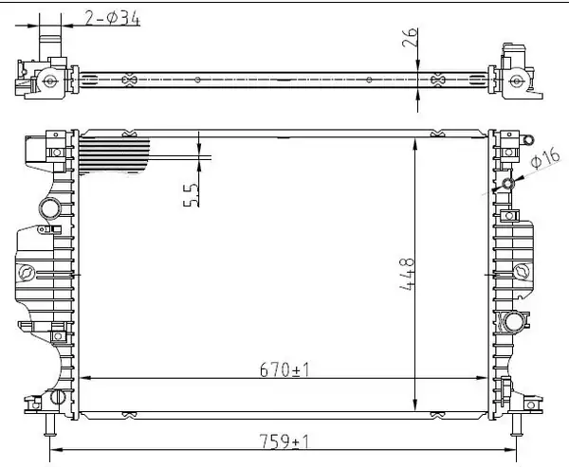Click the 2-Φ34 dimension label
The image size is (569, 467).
click(x=112, y=18)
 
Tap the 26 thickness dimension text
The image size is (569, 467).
click(x=410, y=38)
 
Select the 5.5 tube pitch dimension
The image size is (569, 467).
click(x=192, y=195)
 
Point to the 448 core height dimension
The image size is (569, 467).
click(x=407, y=274)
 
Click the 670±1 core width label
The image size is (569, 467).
click(x=284, y=370)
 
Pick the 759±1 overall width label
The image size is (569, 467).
click(x=284, y=442)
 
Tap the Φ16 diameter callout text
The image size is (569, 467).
click(x=545, y=159)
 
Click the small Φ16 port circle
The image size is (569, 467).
click(x=508, y=184)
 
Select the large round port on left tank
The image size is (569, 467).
click(x=49, y=208)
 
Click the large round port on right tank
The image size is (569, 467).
click(x=514, y=322)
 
